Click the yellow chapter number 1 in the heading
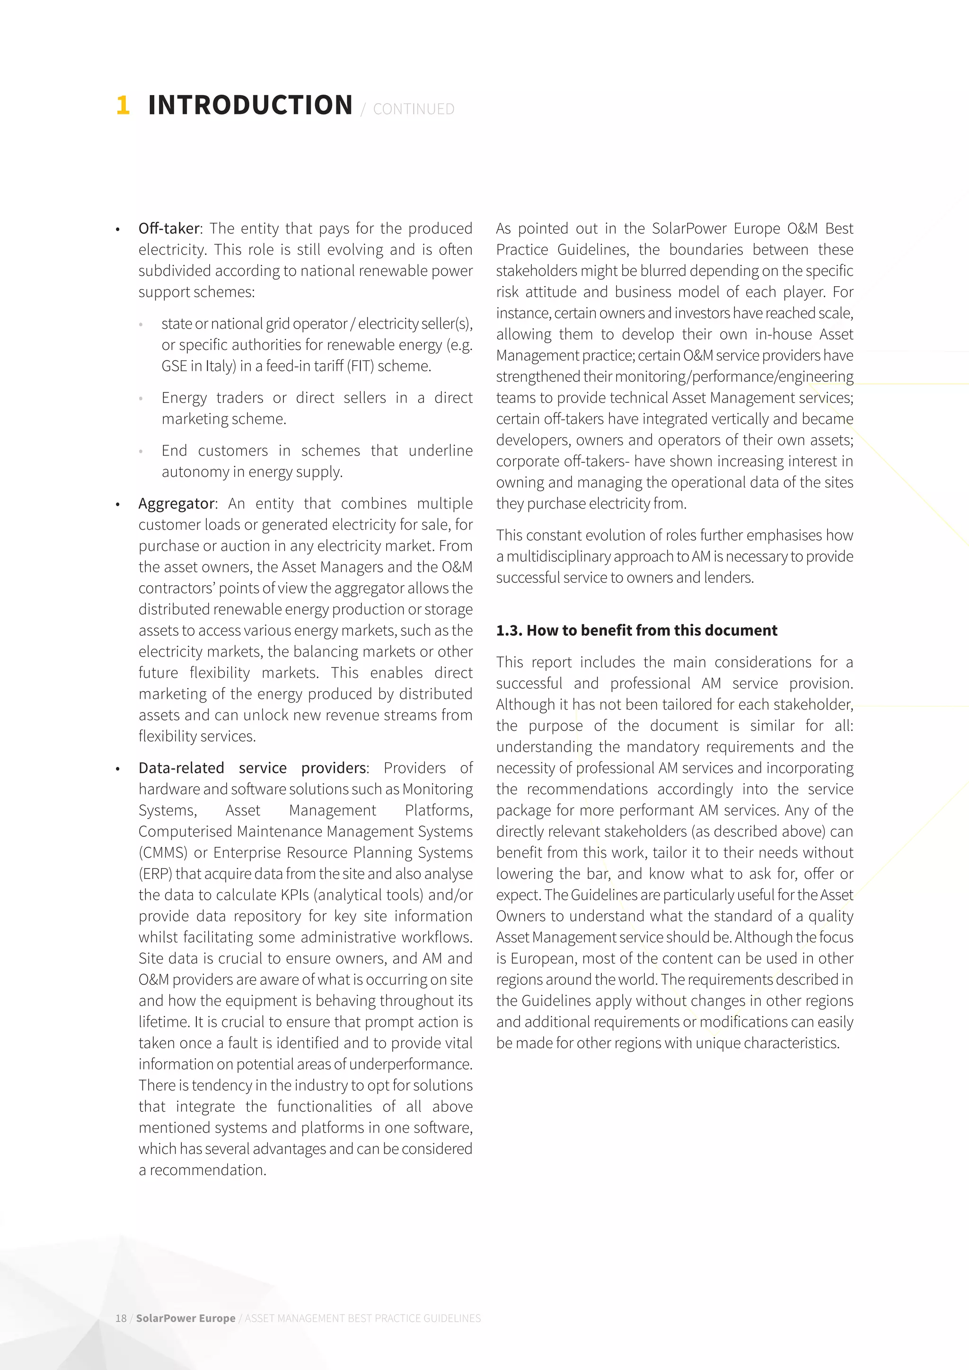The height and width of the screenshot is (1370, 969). [123, 105]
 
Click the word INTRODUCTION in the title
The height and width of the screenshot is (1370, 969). [250, 105]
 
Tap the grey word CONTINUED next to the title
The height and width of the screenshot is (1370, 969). [414, 109]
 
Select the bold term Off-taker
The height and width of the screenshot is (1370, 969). [169, 228]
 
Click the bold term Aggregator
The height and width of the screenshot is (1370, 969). [176, 504]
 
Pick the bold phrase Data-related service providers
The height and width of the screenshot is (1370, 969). [252, 768]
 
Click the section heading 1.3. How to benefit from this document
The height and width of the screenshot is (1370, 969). [637, 631]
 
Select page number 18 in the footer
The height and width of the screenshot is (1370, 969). [121, 1318]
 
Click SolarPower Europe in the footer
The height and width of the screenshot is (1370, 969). [185, 1318]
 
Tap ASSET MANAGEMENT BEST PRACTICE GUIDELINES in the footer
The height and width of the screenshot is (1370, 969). [363, 1318]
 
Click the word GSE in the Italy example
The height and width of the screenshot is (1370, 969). [174, 366]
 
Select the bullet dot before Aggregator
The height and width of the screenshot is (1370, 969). [118, 505]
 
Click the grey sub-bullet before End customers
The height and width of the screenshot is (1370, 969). [141, 452]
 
